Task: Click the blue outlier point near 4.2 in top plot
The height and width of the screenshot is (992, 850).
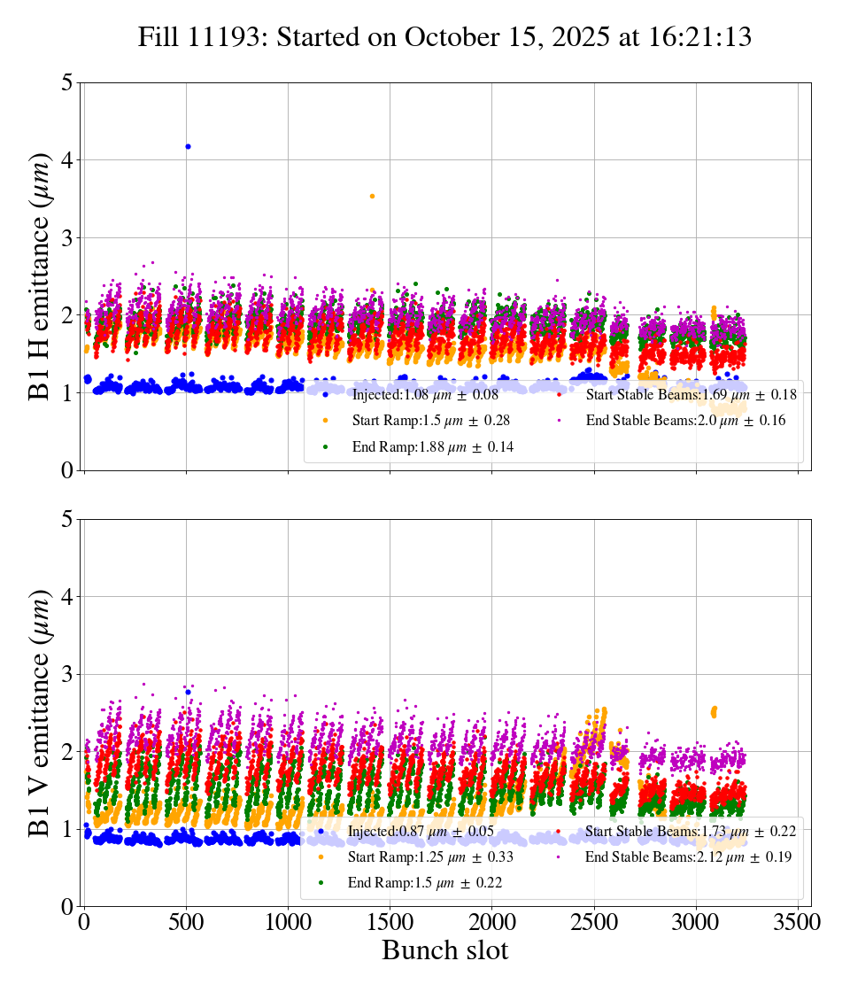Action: point(188,146)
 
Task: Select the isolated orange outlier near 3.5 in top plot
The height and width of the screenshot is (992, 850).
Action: point(372,196)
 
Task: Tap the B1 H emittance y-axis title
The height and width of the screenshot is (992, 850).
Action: point(40,275)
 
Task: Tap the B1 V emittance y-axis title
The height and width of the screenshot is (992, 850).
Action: point(40,712)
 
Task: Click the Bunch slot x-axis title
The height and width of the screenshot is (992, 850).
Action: point(445,950)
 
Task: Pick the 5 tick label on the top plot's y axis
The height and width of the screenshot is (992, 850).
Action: point(67,82)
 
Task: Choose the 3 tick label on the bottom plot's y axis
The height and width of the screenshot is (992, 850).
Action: point(67,675)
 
